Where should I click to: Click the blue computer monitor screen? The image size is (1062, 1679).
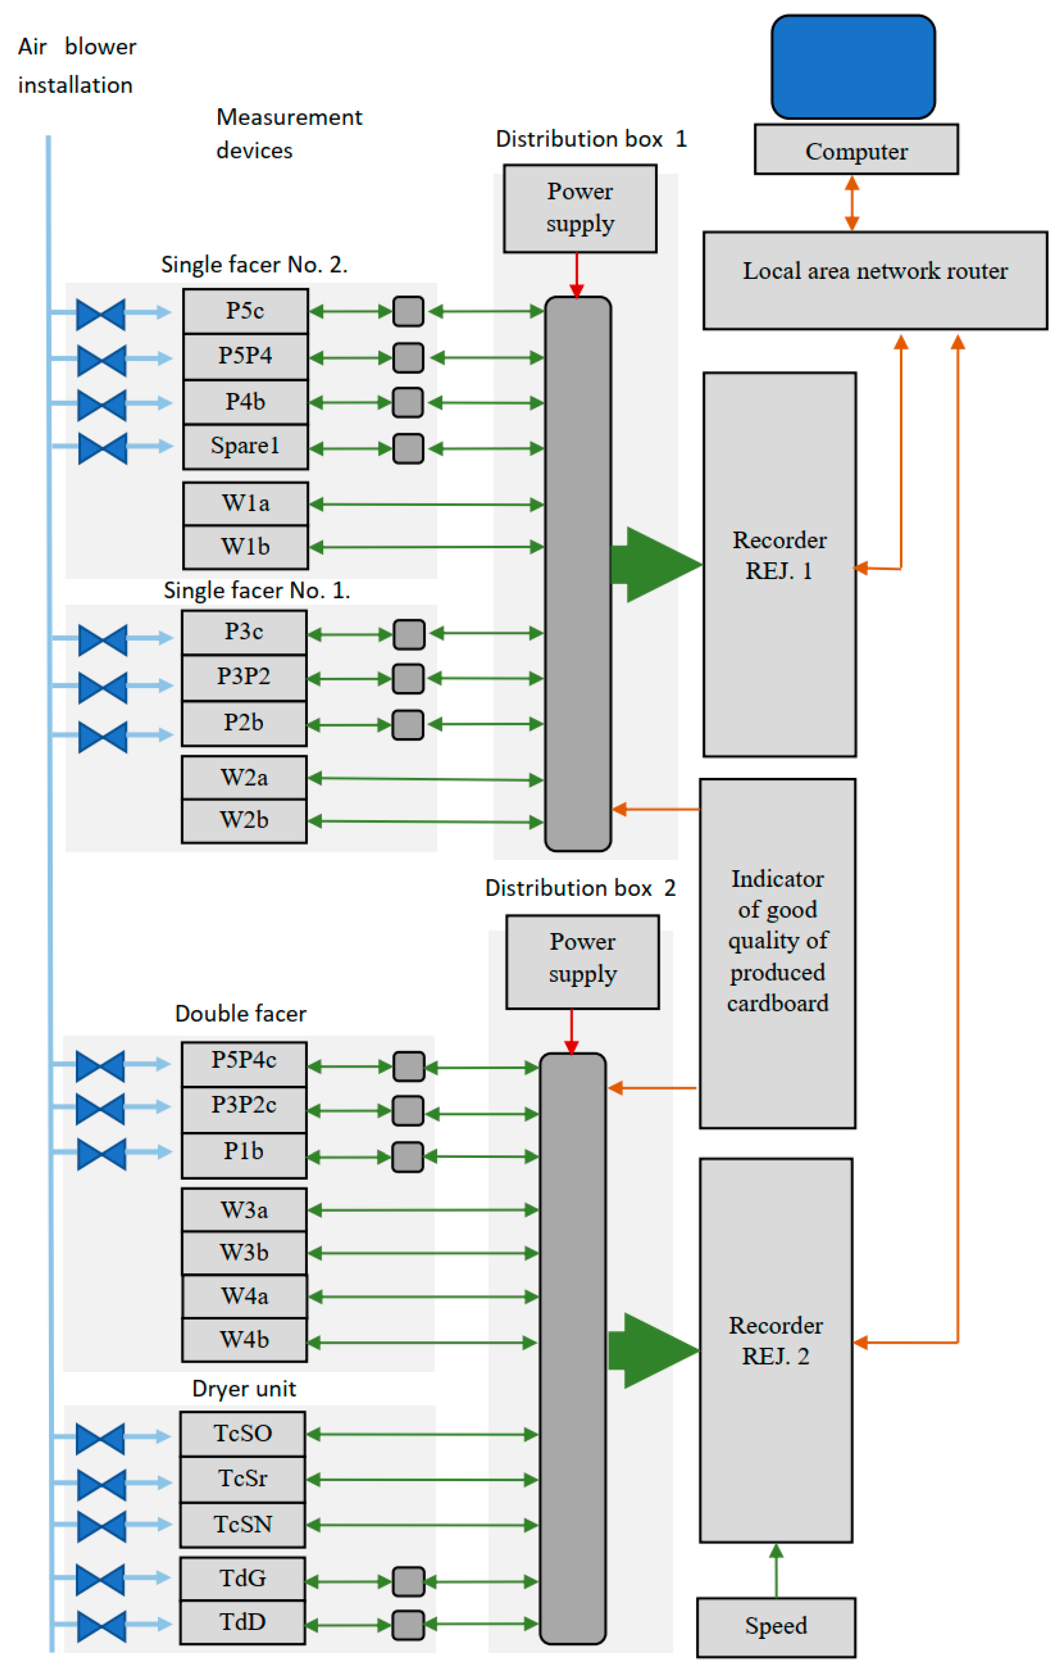click(x=853, y=67)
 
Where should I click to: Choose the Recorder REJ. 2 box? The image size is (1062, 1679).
click(x=775, y=1349)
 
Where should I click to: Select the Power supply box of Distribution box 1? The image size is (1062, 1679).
click(x=580, y=208)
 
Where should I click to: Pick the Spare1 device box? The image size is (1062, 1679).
click(x=245, y=446)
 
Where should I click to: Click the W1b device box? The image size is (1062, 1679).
click(x=245, y=547)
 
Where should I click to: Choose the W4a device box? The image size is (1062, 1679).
click(x=244, y=1295)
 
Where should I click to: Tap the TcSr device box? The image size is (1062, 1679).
click(x=242, y=1478)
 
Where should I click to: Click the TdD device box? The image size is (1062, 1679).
click(x=242, y=1622)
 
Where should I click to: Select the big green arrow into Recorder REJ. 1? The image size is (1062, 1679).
click(x=656, y=564)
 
